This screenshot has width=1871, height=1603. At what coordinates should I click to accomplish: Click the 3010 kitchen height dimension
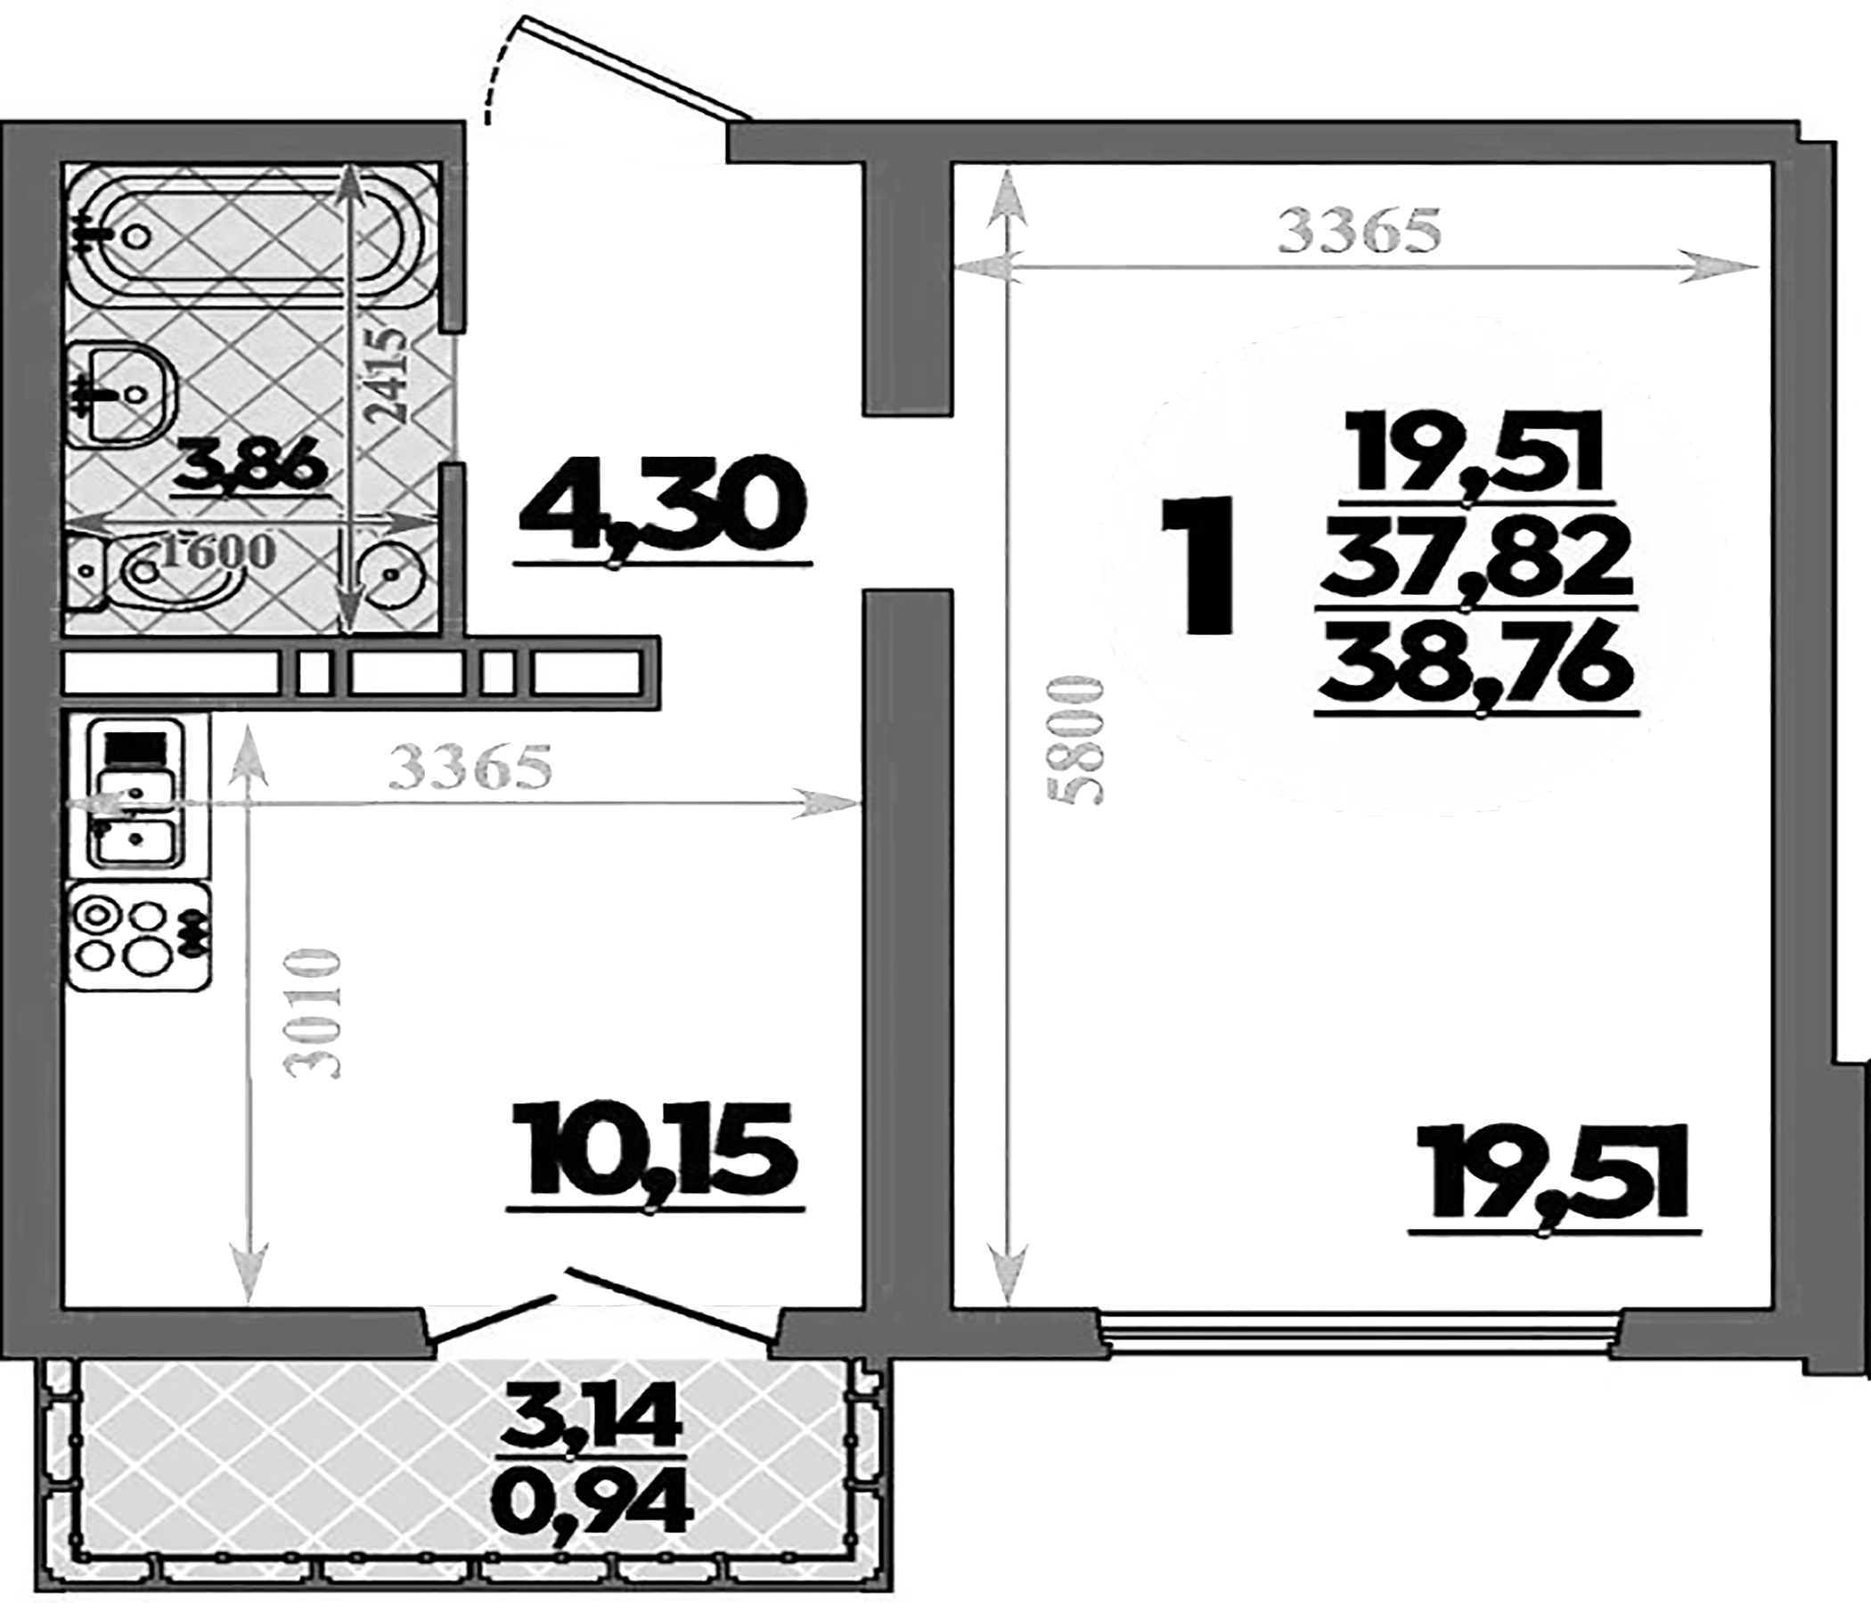click(x=313, y=1013)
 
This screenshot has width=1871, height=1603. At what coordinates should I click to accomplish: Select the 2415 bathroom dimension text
click(x=390, y=375)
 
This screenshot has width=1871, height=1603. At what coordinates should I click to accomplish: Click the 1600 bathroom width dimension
click(x=217, y=549)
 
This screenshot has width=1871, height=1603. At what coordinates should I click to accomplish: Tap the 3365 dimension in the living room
click(x=1361, y=232)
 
